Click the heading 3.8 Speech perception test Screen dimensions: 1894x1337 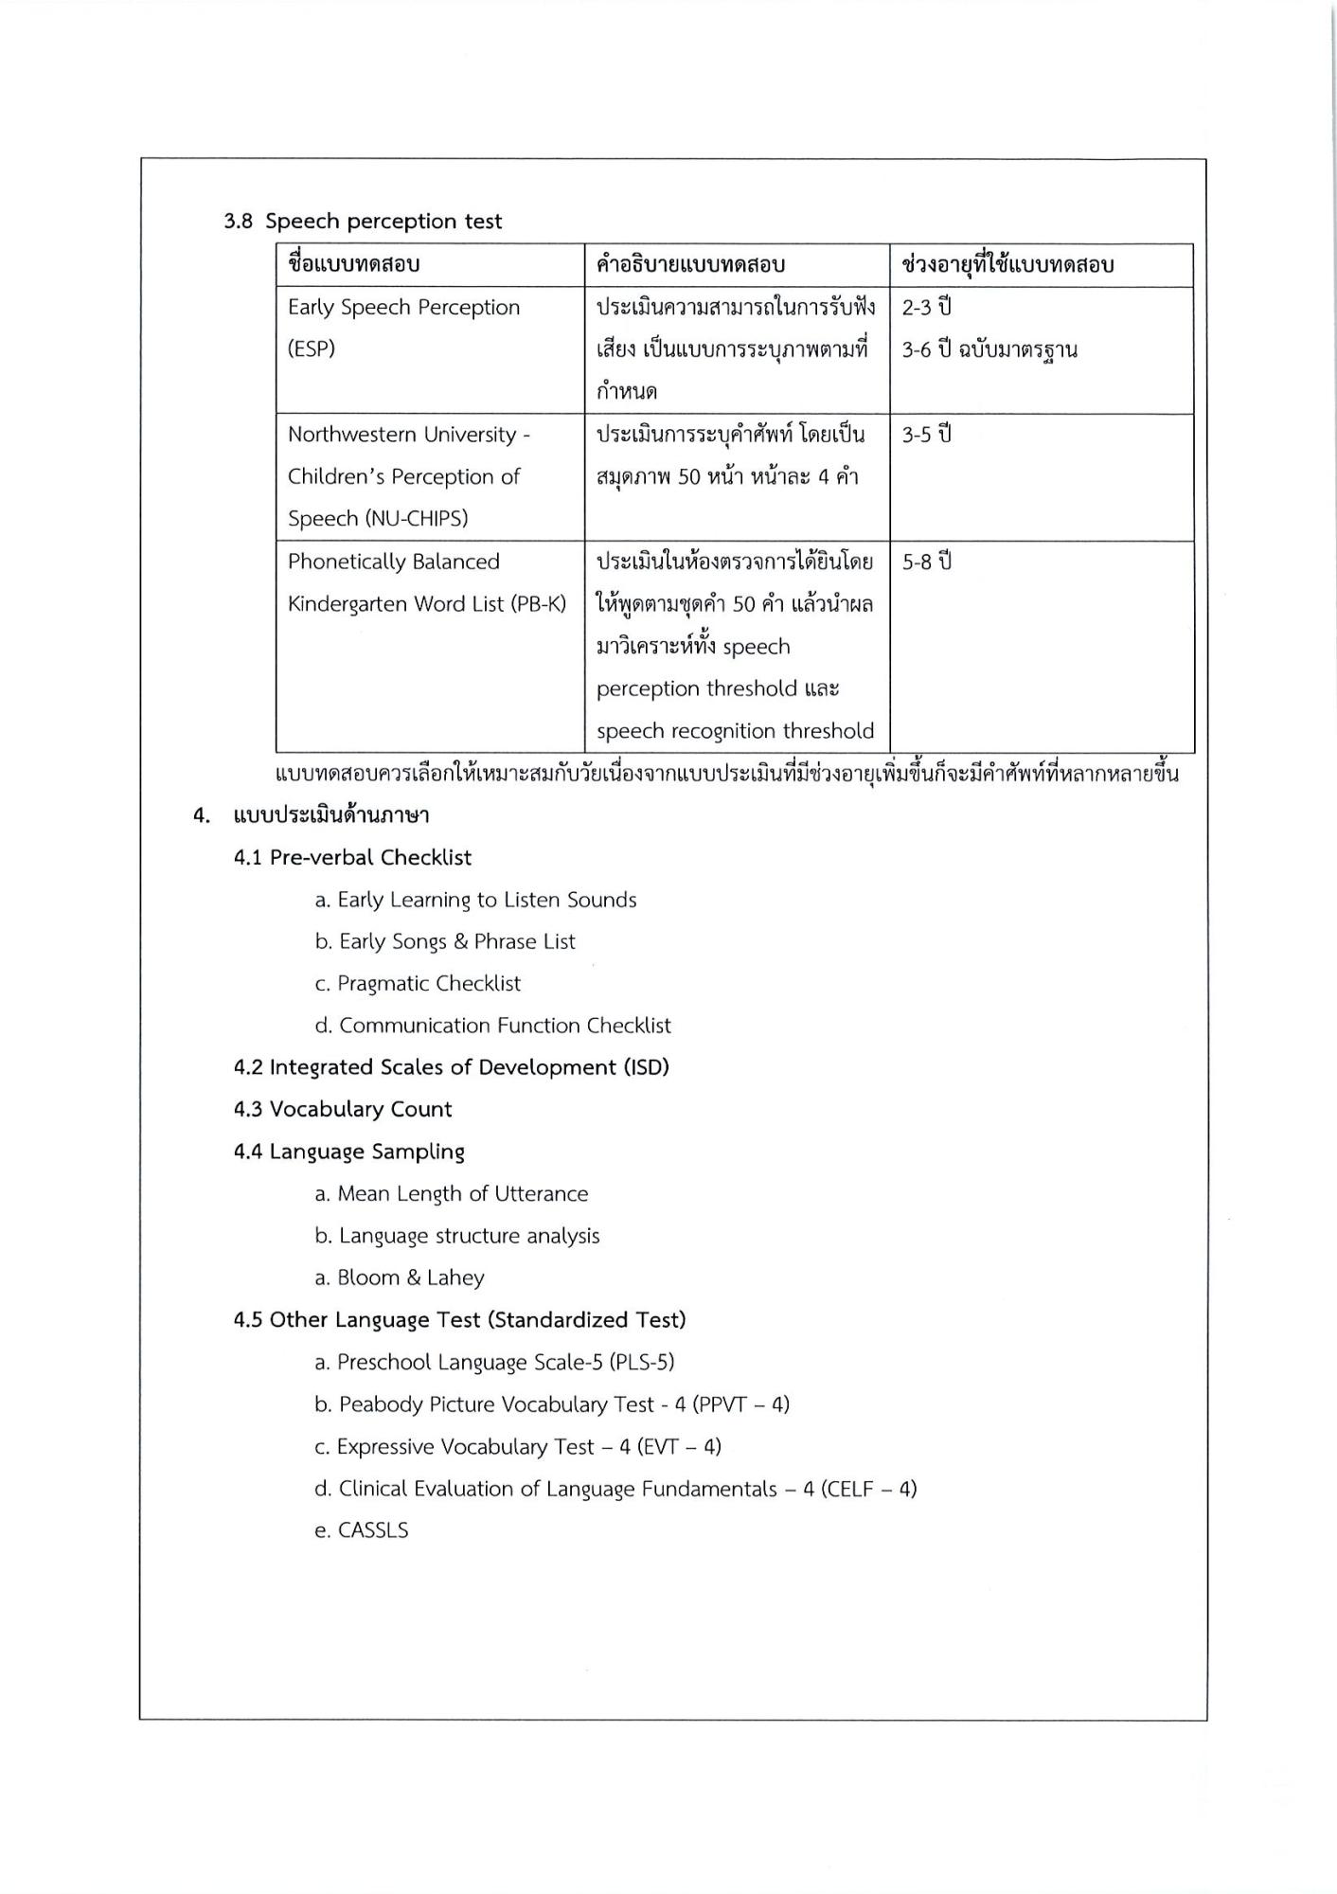coord(363,222)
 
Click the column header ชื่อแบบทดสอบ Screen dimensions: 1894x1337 coord(354,265)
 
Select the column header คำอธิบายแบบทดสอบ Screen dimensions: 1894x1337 coord(690,265)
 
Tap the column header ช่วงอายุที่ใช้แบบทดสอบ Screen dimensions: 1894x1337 coord(1007,265)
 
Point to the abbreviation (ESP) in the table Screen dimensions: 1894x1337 coord(312,349)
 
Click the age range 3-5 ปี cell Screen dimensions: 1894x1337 coord(926,435)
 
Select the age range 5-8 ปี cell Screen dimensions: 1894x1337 coord(926,562)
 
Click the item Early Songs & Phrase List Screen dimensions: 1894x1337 coord(456,942)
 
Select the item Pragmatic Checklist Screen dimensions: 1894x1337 coord(429,984)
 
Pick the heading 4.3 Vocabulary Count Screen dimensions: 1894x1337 coord(343,1110)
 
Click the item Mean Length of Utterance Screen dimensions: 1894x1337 coord(462,1194)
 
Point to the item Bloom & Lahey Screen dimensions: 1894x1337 coord(410,1278)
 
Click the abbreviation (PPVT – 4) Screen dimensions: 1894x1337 coord(740,1404)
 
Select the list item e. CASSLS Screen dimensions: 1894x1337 coord(362,1531)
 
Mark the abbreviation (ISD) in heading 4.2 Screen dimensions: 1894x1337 coord(645,1068)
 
